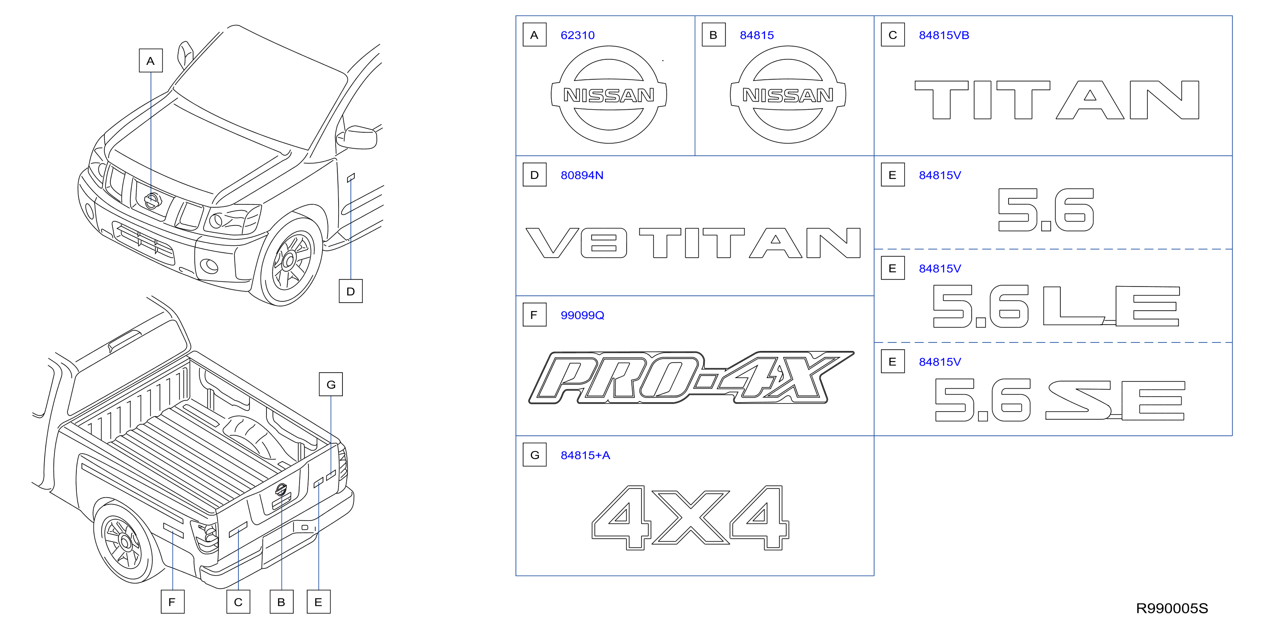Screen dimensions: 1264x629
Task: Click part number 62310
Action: [577, 35]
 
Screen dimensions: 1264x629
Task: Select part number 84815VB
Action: [944, 35]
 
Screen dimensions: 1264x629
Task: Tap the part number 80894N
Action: [582, 175]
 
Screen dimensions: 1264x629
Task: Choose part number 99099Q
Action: [583, 315]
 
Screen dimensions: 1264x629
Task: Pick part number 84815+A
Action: [586, 456]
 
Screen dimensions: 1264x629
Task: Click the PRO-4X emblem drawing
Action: [691, 378]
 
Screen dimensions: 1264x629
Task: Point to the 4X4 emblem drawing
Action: [690, 518]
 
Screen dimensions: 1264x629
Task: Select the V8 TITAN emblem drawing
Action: [693, 243]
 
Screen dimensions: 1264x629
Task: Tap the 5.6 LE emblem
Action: [1057, 306]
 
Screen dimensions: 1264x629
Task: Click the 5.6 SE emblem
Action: [1060, 400]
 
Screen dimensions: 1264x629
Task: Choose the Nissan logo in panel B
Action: [788, 95]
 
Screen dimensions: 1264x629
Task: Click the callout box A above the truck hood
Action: [151, 61]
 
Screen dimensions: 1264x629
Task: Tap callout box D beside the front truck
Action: [351, 291]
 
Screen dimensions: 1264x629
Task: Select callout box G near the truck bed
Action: [331, 384]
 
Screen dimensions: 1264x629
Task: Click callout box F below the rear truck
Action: [173, 602]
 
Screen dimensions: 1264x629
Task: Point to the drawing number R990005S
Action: [1172, 608]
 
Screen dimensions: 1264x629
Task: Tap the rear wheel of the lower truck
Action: [125, 542]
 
